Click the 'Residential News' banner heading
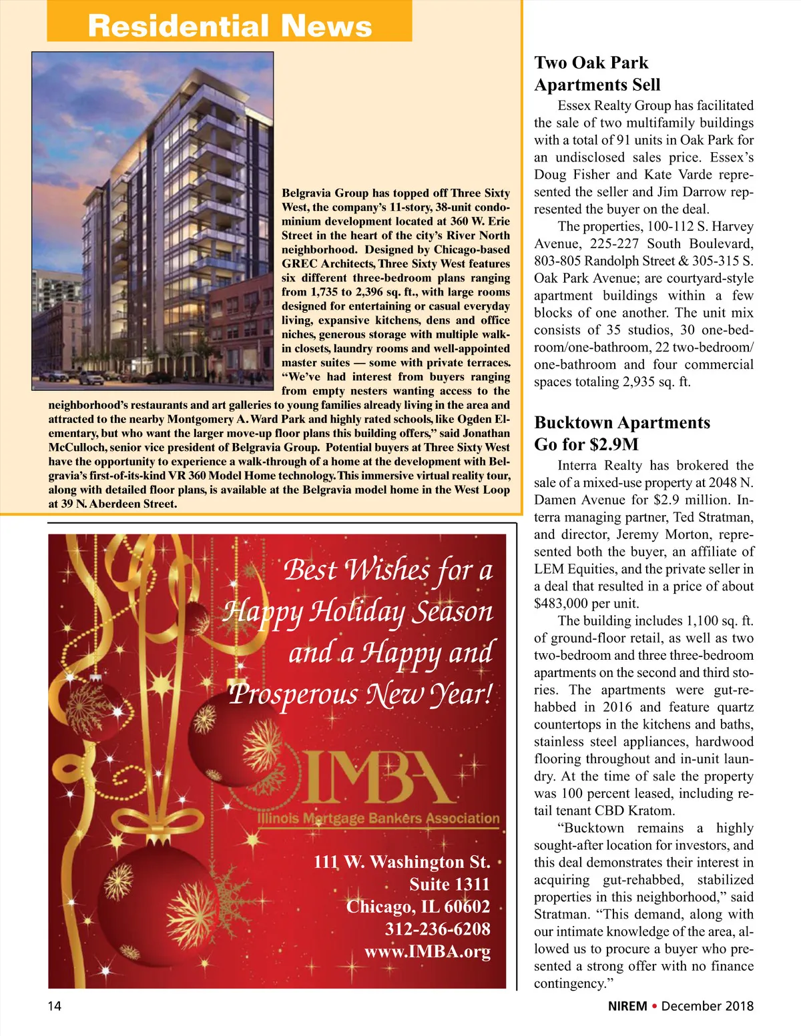230,25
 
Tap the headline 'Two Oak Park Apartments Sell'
597,73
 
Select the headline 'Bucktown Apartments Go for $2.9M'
622,434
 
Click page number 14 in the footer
54,1006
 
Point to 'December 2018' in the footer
708,1006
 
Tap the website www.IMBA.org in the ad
427,951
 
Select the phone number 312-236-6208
437,929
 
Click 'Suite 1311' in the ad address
449,885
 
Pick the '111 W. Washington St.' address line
402,862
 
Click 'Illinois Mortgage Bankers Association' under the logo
378,819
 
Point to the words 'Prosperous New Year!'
360,694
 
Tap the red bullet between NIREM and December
655,1006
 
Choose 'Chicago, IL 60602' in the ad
418,907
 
